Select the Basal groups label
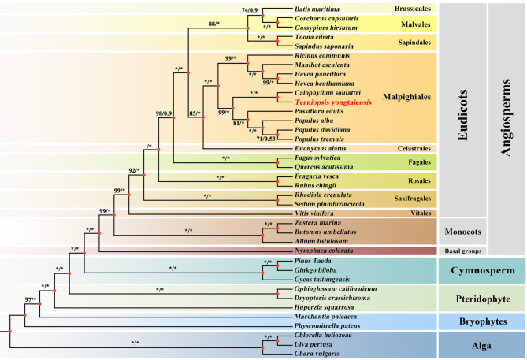[x=462, y=251]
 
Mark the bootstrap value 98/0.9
[x=165, y=115]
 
